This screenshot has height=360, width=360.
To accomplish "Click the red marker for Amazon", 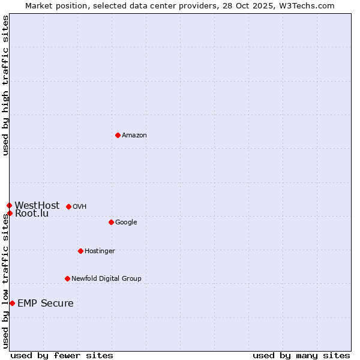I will pyautogui.click(x=118, y=135).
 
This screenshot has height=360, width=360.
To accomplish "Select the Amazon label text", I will pyautogui.click(x=134, y=136).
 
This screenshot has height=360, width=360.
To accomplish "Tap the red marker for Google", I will pyautogui.click(x=111, y=222).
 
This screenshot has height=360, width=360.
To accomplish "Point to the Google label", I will pyautogui.click(x=126, y=223).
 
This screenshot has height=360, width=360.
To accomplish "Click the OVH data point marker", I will pyautogui.click(x=68, y=206).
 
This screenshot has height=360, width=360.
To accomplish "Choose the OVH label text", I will pyautogui.click(x=80, y=207).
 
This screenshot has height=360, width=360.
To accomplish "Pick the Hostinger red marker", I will pyautogui.click(x=80, y=251).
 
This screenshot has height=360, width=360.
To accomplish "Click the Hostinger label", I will pyautogui.click(x=100, y=251).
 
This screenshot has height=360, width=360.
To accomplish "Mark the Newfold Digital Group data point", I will pyautogui.click(x=67, y=278).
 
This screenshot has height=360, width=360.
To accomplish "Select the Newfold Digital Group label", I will pyautogui.click(x=106, y=278).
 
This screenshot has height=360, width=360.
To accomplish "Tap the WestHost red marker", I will pyautogui.click(x=9, y=205).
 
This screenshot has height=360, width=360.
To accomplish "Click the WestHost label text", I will pyautogui.click(x=37, y=205).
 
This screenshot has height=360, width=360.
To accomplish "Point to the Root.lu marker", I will pyautogui.click(x=10, y=213).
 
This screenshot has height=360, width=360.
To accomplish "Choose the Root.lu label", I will pyautogui.click(x=32, y=214).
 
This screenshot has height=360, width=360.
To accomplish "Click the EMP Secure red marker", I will pyautogui.click(x=12, y=303).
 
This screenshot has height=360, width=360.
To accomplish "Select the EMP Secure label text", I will pyautogui.click(x=46, y=304).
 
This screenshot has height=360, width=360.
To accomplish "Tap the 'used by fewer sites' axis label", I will pyautogui.click(x=62, y=355).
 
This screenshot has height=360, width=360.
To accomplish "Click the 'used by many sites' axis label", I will pyautogui.click(x=301, y=355).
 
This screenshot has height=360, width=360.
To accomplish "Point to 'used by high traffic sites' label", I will pyautogui.click(x=6, y=85).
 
